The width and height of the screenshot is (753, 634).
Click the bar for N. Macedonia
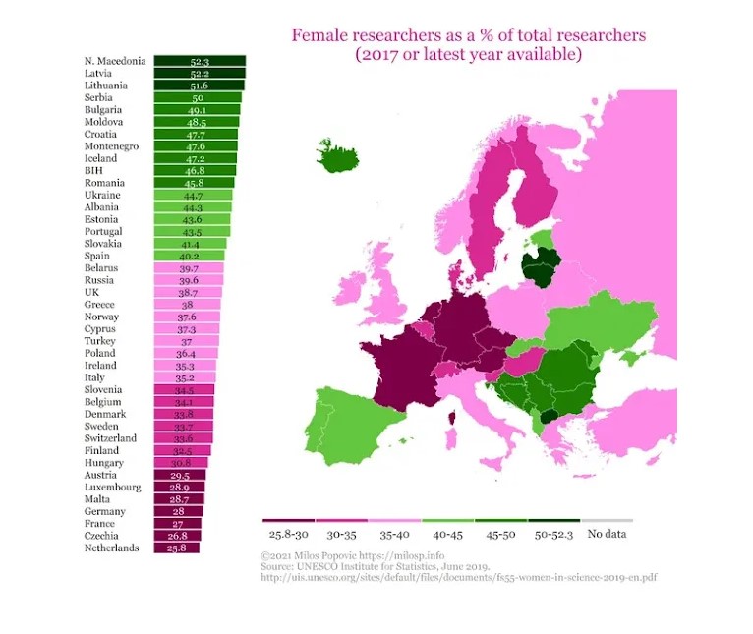[x=200, y=61]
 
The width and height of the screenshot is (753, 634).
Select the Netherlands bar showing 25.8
[x=177, y=548]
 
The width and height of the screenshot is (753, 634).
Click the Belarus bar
[x=189, y=267]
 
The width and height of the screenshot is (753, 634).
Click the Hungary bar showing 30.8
[x=181, y=462]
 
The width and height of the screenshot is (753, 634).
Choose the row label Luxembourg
[x=112, y=487]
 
